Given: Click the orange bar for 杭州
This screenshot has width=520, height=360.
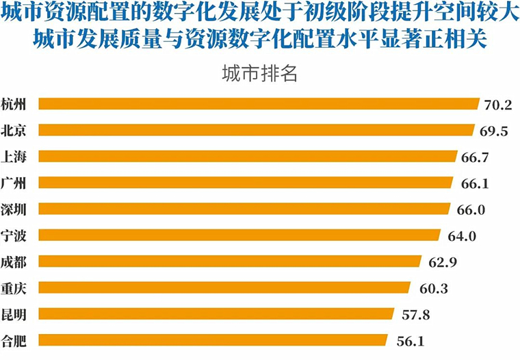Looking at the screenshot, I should (259, 103).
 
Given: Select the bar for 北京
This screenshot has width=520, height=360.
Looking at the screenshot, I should (257, 130).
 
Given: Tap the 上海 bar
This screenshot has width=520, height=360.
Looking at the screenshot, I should (248, 156).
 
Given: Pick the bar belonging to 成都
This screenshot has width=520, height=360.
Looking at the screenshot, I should (230, 261).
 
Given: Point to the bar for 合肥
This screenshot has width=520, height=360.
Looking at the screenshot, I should (213, 339).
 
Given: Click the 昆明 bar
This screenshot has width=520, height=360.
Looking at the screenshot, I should (216, 313).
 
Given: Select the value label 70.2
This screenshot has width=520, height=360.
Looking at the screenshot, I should (498, 105).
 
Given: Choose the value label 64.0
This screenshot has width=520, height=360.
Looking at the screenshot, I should (460, 236).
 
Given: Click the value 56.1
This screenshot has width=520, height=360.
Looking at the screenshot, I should (409, 341).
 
